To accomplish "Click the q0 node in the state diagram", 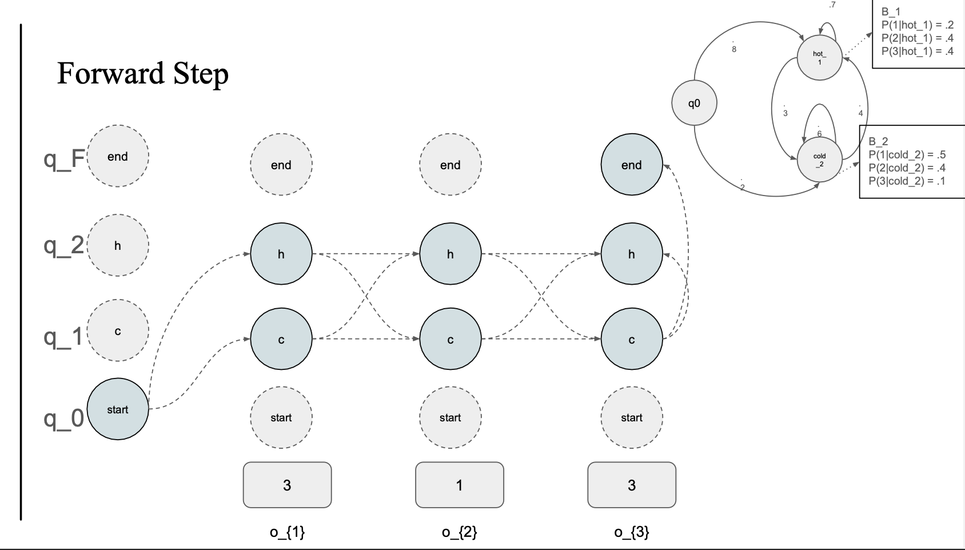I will coord(694,103).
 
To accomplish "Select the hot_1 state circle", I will coord(819,58).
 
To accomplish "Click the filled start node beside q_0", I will coord(118,409).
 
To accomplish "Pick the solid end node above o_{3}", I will coord(631,165).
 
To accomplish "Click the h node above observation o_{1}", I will coord(281,254).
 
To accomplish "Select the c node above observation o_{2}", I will coord(450,340).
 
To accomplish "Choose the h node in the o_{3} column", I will coord(631,254).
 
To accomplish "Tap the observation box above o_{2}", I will coord(459,485).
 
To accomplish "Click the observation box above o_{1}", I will coord(287,485).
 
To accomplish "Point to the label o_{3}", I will coord(631,532).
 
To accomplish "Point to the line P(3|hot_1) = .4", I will coord(917,51).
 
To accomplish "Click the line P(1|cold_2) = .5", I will coord(907,154).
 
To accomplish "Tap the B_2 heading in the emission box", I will coord(878,141).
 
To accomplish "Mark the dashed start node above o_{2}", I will coord(450,417).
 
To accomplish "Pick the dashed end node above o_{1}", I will coord(281,165).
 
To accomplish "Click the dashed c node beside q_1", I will coord(118,331).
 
